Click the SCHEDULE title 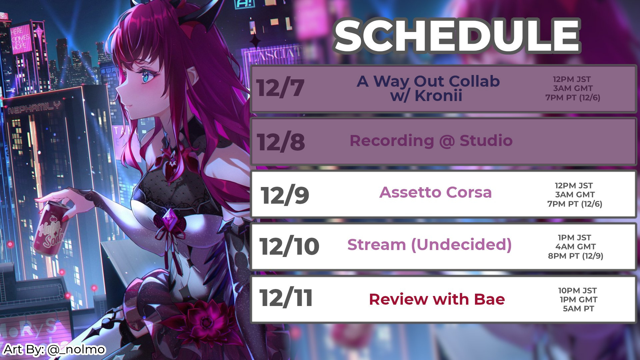click(x=457, y=36)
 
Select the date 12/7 click(x=280, y=88)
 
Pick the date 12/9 click(x=285, y=195)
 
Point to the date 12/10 click(x=289, y=247)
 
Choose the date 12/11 click(x=286, y=298)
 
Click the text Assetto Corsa click(x=435, y=192)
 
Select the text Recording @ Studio click(x=431, y=141)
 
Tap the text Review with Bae click(x=437, y=299)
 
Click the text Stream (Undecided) click(x=429, y=245)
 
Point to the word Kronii click(x=438, y=96)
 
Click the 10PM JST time click(x=577, y=291)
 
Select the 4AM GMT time click(x=575, y=247)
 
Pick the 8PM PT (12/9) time click(x=576, y=256)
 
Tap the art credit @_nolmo click(x=76, y=349)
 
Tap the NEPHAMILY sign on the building click(x=34, y=107)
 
